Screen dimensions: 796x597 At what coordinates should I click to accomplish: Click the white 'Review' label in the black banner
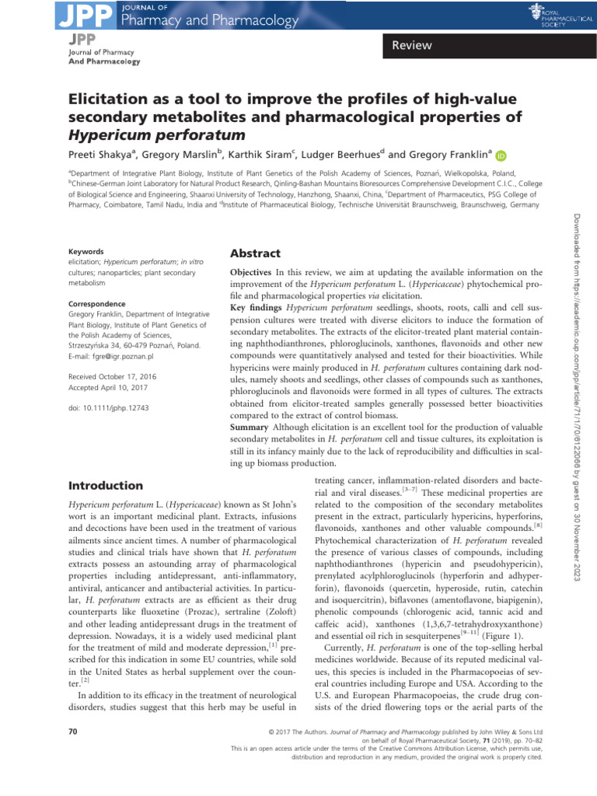tap(412, 46)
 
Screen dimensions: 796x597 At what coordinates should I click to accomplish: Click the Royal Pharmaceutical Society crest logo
tap(539, 11)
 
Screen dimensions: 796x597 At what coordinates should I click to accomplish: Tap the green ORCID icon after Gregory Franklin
tap(500, 155)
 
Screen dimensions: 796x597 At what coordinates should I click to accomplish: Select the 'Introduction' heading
tap(106, 486)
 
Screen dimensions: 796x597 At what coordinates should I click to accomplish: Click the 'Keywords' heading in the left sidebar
tap(86, 253)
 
